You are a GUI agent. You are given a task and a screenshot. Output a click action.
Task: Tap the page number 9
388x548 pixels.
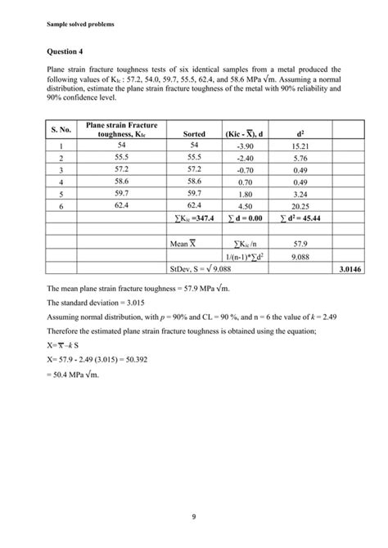click(x=193, y=516)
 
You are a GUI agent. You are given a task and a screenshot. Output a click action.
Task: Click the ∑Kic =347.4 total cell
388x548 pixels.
click(x=194, y=219)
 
